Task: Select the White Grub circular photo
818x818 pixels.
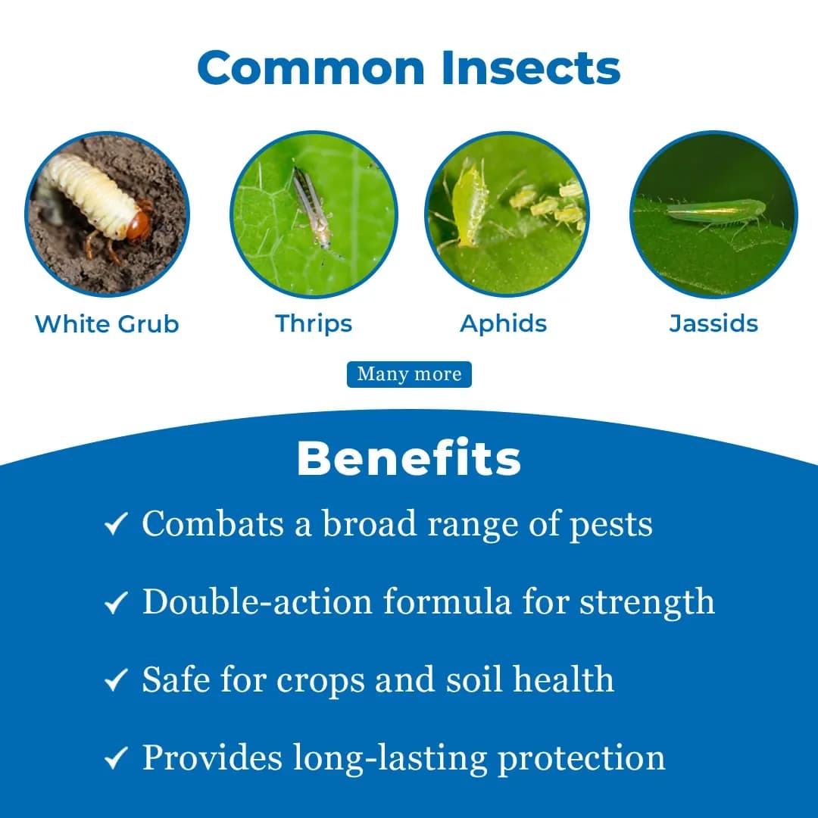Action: pyautogui.click(x=107, y=213)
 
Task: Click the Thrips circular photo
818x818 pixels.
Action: pyautogui.click(x=314, y=213)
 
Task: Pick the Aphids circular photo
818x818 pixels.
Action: pyautogui.click(x=507, y=213)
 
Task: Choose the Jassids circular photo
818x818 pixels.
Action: pyautogui.click(x=713, y=213)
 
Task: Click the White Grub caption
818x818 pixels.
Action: pyautogui.click(x=107, y=324)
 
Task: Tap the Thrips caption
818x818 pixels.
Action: pyautogui.click(x=314, y=324)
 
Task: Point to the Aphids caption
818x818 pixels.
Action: pyautogui.click(x=504, y=324)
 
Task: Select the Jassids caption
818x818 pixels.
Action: pyautogui.click(x=713, y=324)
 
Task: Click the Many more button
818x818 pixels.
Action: pyautogui.click(x=409, y=374)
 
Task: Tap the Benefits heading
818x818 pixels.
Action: pyautogui.click(x=409, y=458)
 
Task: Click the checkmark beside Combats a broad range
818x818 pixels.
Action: pyautogui.click(x=115, y=524)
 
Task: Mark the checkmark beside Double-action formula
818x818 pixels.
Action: pyautogui.click(x=115, y=603)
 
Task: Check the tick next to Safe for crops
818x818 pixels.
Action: pyautogui.click(x=115, y=681)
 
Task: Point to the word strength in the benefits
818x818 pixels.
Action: pyautogui.click(x=647, y=603)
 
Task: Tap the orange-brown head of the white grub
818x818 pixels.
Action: pyautogui.click(x=137, y=226)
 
